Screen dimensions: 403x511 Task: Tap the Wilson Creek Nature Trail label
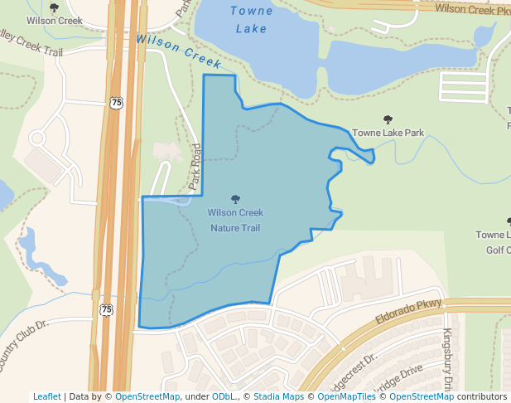[x=235, y=220]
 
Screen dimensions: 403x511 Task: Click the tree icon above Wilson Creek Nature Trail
[x=235, y=199]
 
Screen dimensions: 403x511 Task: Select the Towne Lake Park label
[x=388, y=133]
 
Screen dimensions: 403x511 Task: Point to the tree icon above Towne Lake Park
[x=388, y=119]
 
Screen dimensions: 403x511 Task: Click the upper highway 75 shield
[x=116, y=103]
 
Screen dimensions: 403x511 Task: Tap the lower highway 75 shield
[x=106, y=309]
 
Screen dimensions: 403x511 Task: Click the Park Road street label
[x=196, y=167]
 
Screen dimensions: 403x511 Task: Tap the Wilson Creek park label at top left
[x=54, y=20]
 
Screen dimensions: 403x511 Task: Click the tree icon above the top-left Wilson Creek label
[x=54, y=7]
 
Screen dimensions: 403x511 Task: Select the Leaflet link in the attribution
[x=46, y=396]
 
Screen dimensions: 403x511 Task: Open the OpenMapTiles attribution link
[x=343, y=396]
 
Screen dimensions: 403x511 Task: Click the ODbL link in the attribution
[x=224, y=396]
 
